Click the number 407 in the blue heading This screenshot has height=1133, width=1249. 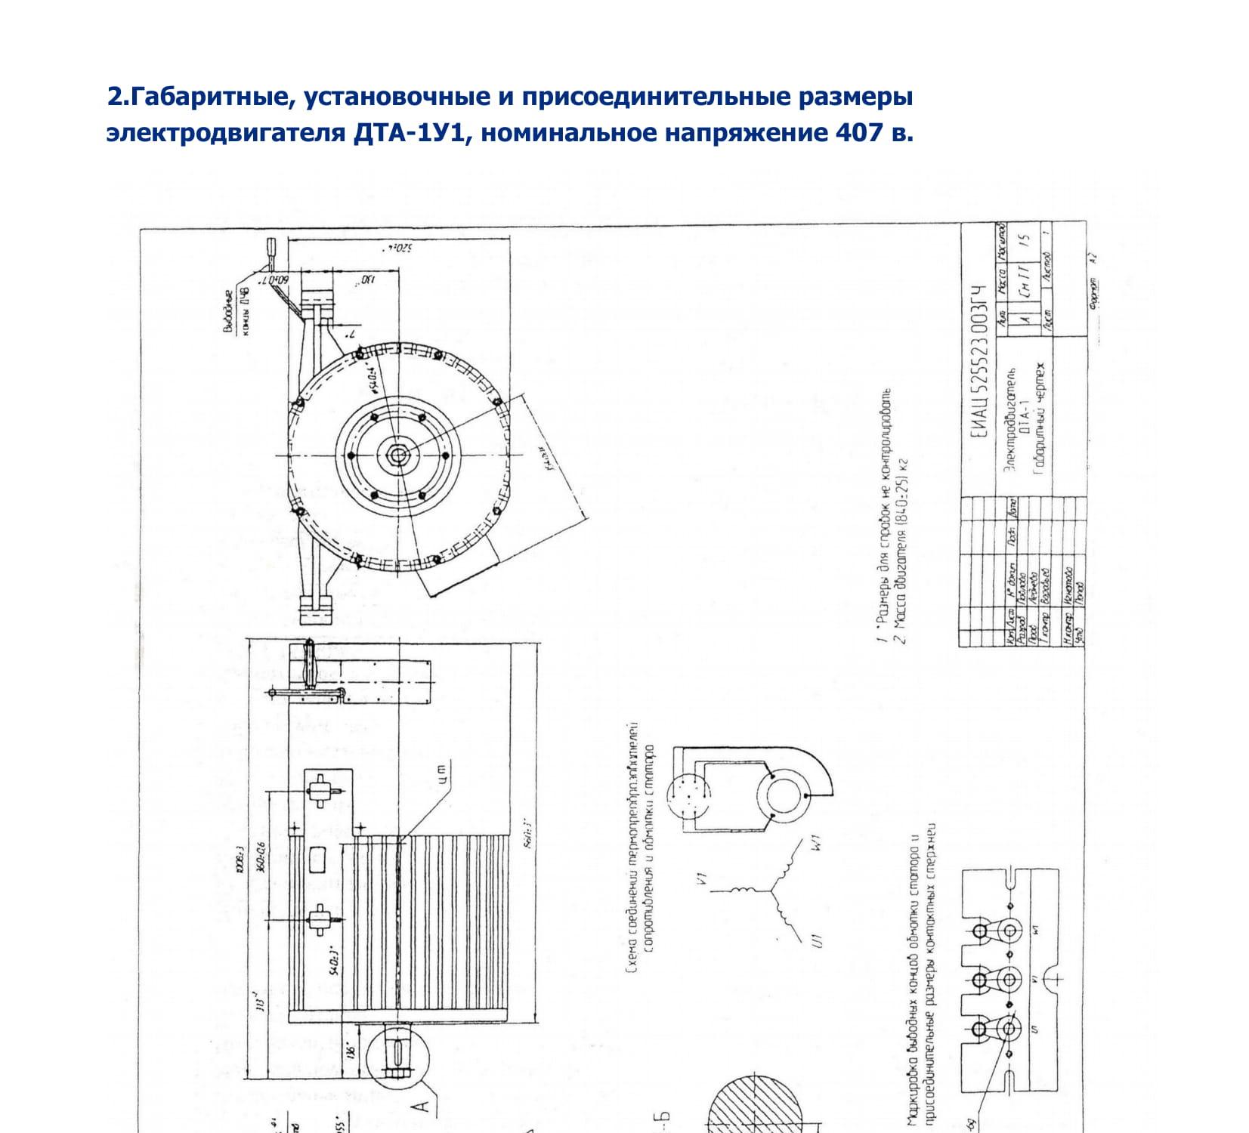(858, 133)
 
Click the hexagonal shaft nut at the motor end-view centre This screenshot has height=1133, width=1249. (397, 454)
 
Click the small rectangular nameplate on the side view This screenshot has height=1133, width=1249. (318, 859)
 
